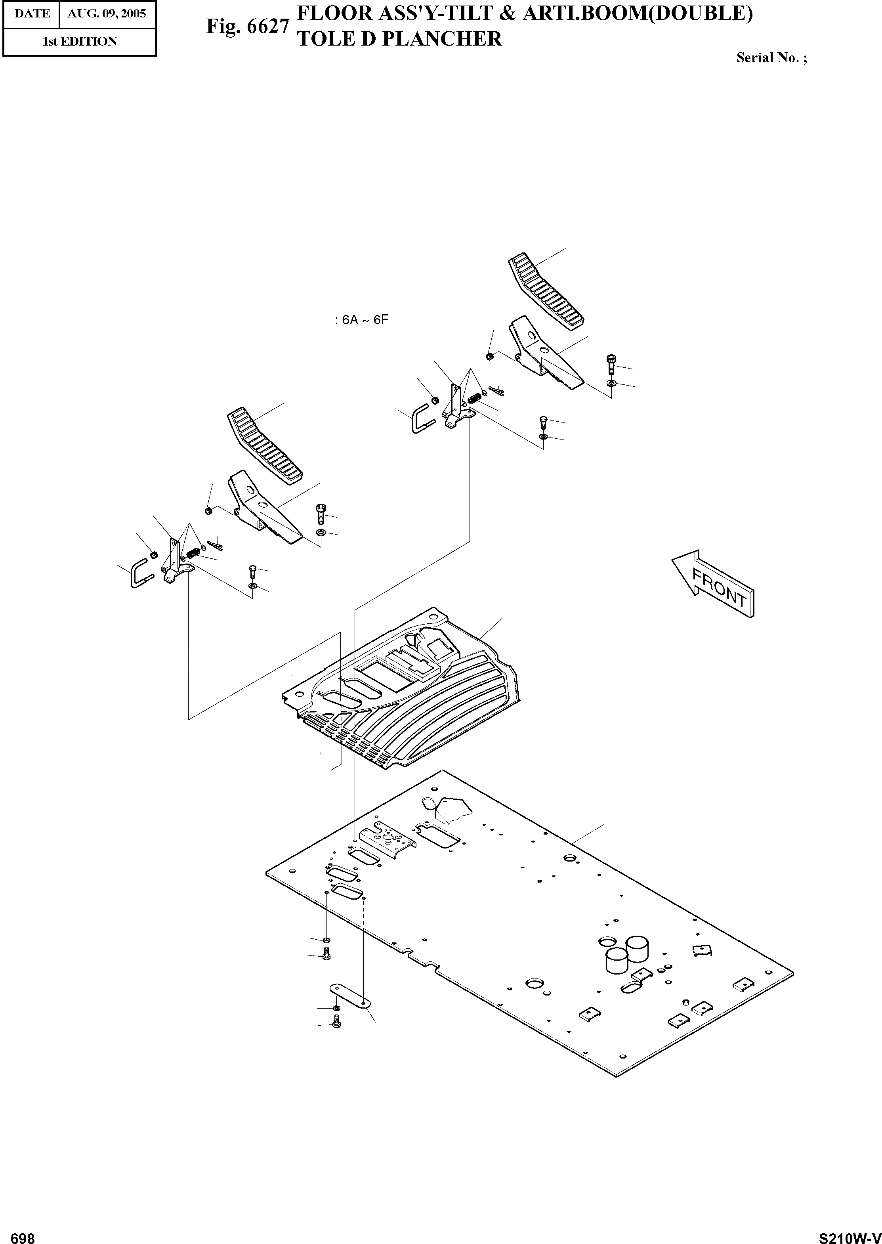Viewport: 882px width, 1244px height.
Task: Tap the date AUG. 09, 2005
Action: [x=107, y=13]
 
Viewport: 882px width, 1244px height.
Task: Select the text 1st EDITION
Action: [x=80, y=41]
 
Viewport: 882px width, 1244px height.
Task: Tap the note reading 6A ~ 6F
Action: [x=362, y=320]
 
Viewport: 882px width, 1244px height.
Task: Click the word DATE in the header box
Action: [x=32, y=13]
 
